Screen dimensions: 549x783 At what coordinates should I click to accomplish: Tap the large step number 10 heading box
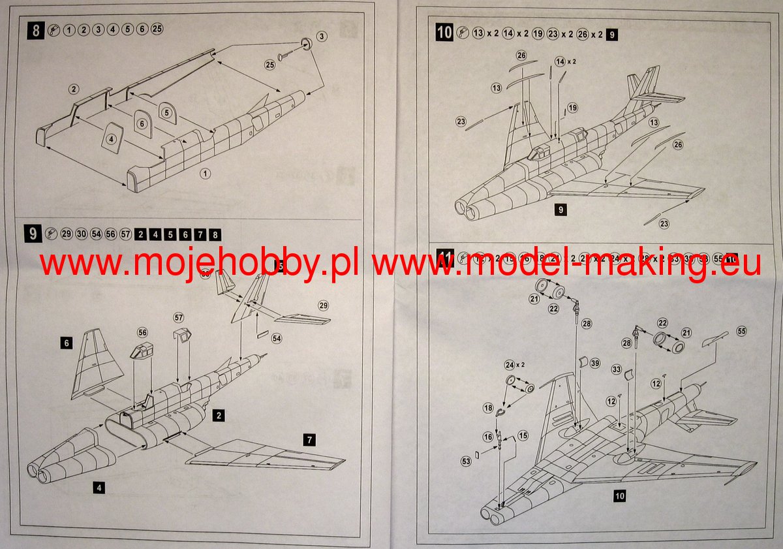(x=444, y=32)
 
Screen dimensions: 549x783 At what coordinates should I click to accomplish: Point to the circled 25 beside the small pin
(x=269, y=65)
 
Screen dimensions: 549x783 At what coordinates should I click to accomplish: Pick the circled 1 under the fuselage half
(x=206, y=174)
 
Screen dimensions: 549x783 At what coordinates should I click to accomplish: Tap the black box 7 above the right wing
(x=309, y=440)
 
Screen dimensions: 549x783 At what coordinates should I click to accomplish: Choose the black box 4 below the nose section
(x=97, y=486)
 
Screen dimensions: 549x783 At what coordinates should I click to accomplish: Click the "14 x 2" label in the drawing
(x=562, y=61)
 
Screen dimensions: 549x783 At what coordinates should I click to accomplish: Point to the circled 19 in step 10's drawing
(x=573, y=108)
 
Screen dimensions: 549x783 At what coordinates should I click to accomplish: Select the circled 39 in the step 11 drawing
(x=594, y=363)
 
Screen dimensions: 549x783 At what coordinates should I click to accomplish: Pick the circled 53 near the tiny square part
(x=465, y=462)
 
